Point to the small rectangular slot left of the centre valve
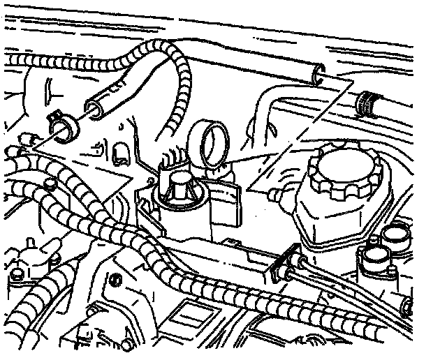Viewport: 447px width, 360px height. tap(118, 151)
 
